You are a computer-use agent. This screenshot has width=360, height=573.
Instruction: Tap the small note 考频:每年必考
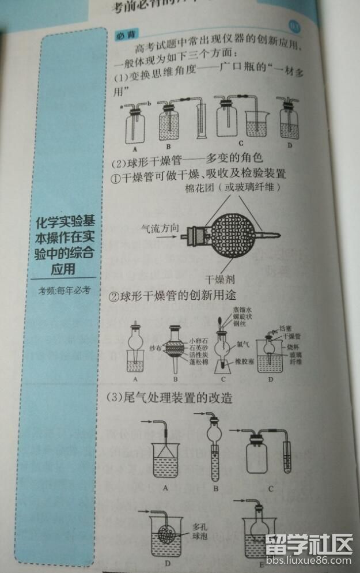tap(65, 291)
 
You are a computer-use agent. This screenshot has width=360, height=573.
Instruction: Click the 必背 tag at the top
tap(124, 35)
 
